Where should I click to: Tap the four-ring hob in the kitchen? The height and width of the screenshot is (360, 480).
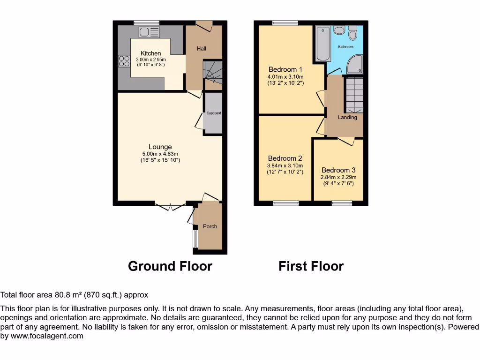coord(124,60)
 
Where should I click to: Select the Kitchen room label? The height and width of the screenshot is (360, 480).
coord(151,53)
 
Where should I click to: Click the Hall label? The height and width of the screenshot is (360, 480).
coord(202,49)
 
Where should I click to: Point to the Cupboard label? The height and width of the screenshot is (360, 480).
coord(214,113)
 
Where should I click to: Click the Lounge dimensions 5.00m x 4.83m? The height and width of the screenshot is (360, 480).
coord(160,154)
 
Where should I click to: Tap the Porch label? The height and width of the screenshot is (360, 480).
coord(210,226)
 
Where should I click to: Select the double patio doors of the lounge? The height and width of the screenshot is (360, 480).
coord(170,206)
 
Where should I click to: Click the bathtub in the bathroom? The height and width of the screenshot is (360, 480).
coord(322,45)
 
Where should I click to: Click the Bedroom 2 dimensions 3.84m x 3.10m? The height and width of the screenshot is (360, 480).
coord(285,165)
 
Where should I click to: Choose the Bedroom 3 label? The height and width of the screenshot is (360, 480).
coord(338,170)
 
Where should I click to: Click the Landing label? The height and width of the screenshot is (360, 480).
coord(347,117)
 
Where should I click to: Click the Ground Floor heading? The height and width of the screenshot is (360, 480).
coord(170,266)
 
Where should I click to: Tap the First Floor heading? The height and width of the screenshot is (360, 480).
coord(311,266)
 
